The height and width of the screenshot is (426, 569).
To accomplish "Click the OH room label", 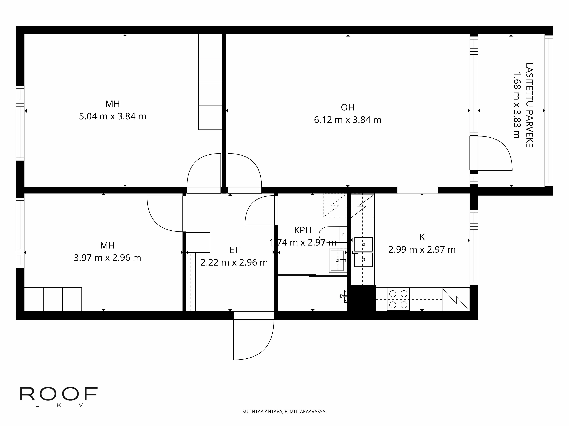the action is (x=348, y=107).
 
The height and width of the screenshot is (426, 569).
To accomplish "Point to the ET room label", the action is (x=234, y=250).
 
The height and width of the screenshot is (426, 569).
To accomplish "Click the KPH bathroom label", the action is (x=303, y=230).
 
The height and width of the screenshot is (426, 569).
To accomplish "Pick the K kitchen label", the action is (x=422, y=237).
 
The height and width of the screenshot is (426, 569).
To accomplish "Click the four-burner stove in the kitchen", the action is (x=398, y=299).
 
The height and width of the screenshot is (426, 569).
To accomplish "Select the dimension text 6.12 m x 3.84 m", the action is (x=348, y=120).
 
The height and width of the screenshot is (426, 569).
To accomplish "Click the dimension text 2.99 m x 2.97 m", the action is (x=422, y=250).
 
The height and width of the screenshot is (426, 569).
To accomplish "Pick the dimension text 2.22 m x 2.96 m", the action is (x=234, y=262).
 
